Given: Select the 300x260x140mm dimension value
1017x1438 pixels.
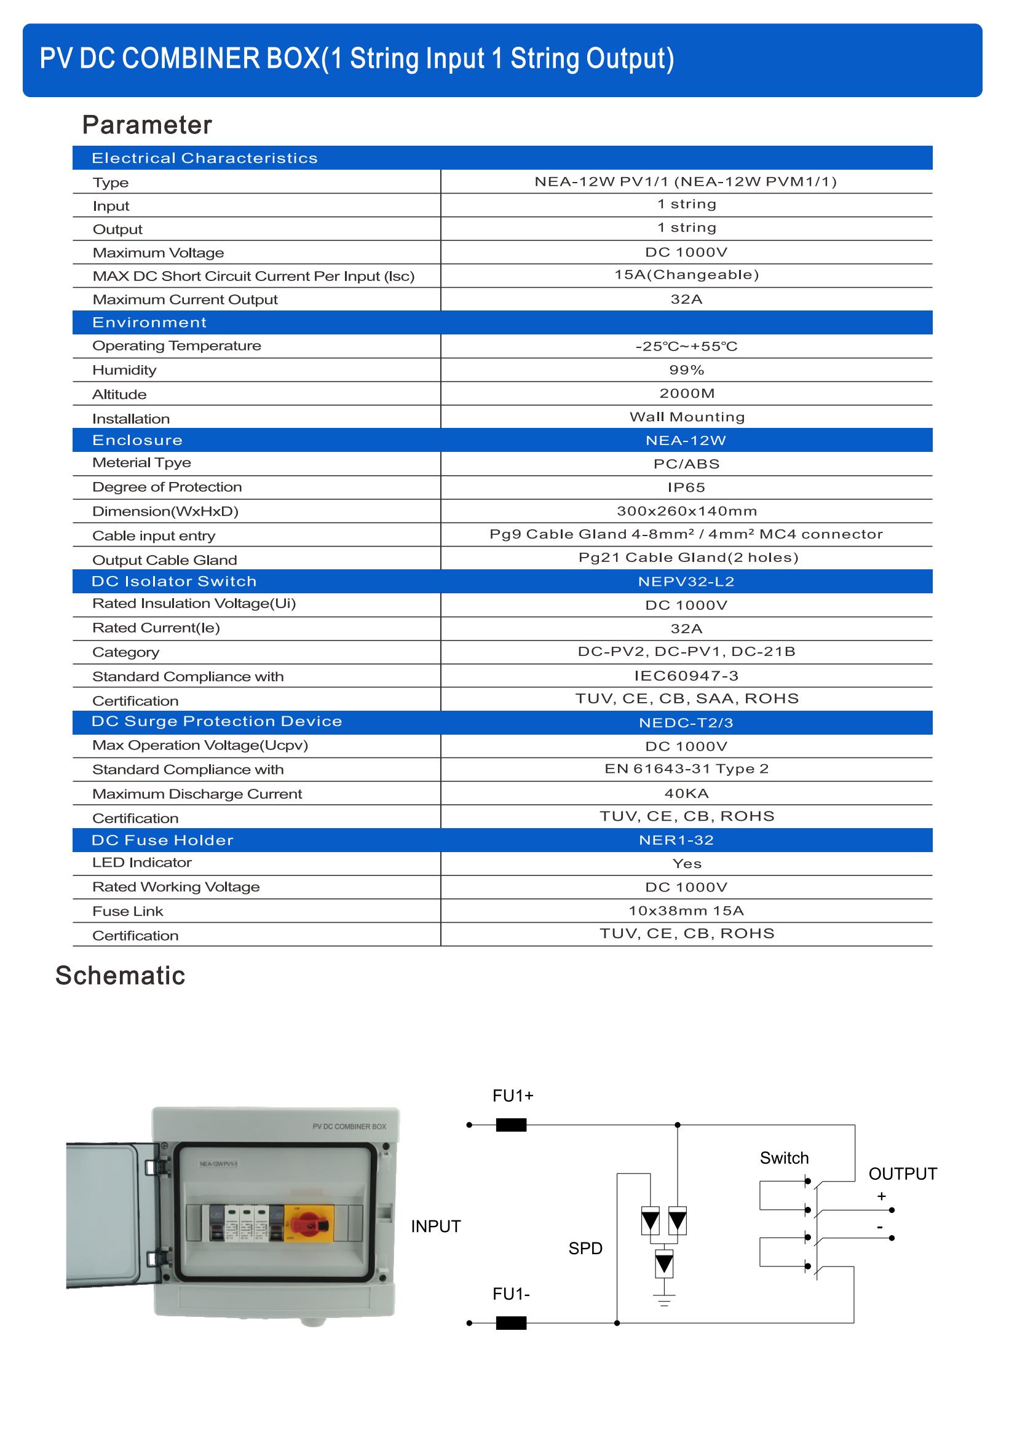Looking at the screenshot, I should click(x=686, y=511).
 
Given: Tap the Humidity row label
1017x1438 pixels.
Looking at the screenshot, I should click(x=124, y=370).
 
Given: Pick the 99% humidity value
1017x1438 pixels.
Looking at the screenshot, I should click(x=686, y=370).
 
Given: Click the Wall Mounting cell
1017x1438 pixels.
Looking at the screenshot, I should click(x=686, y=417).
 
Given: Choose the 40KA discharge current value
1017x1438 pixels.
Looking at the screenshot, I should click(x=686, y=794).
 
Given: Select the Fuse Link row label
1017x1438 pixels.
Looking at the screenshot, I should click(x=127, y=911).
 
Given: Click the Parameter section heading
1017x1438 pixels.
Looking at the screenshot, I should click(x=147, y=125).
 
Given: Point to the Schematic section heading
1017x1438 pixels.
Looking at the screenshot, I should click(x=121, y=976).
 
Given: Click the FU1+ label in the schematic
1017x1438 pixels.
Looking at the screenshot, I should click(x=513, y=1096).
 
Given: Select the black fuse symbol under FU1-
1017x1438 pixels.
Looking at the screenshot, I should click(x=511, y=1323).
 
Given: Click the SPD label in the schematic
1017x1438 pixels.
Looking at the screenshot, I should click(x=585, y=1249).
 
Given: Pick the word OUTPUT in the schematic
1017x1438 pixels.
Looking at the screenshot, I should click(x=903, y=1174).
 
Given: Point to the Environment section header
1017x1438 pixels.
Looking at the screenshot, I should click(x=149, y=323).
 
